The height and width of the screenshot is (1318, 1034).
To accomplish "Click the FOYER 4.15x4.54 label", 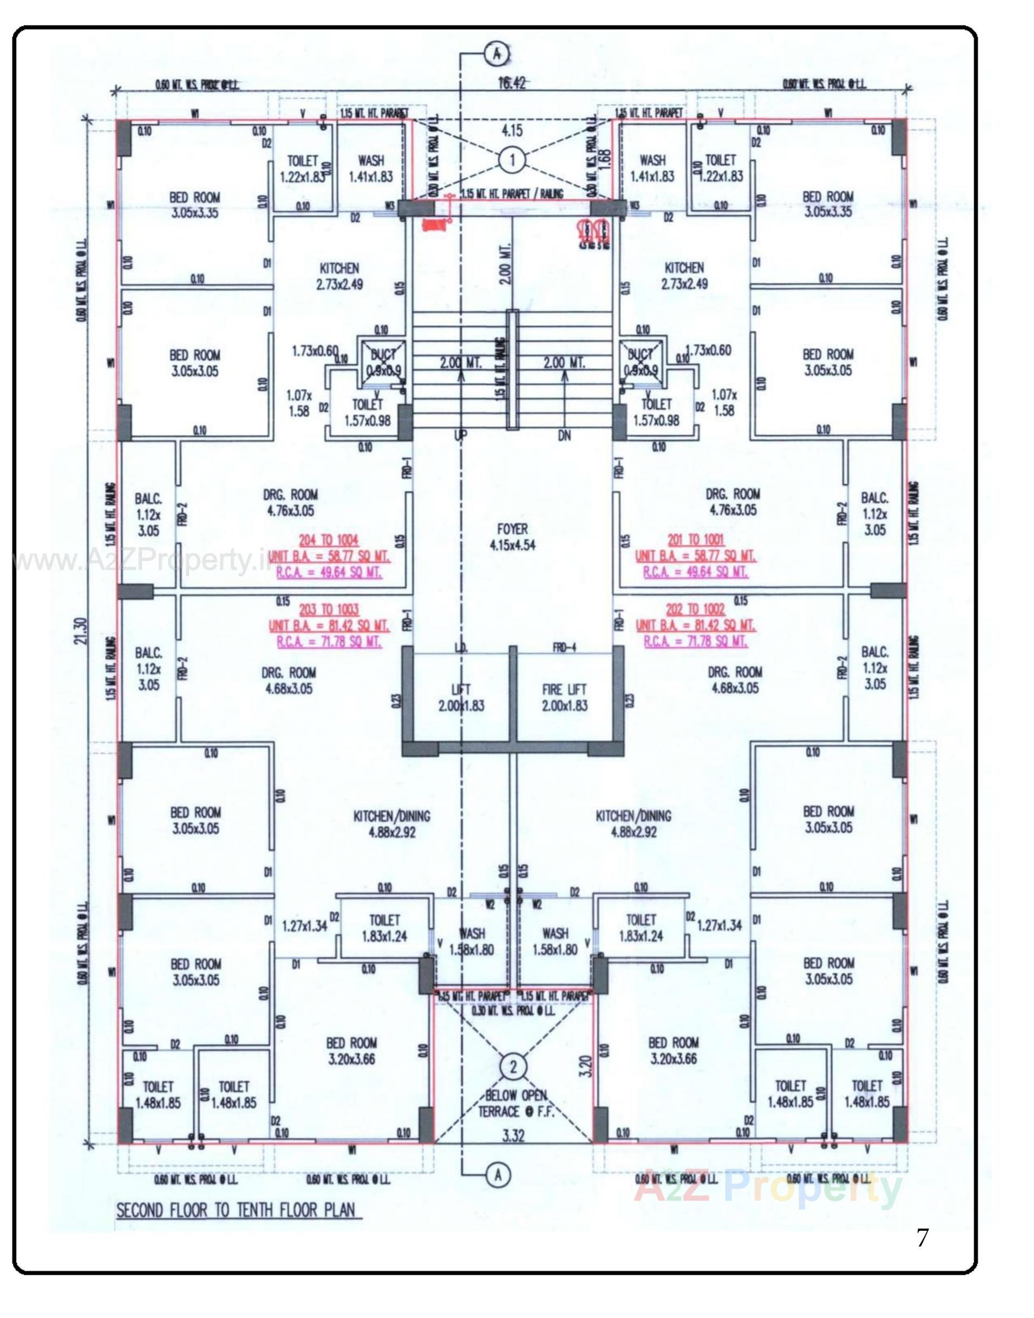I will pyautogui.click(x=512, y=537).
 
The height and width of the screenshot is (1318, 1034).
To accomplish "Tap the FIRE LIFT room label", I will pyautogui.click(x=564, y=698).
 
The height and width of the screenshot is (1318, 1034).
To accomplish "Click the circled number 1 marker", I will pyautogui.click(x=513, y=161).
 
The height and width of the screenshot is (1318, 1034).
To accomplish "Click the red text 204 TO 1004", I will pyautogui.click(x=330, y=540).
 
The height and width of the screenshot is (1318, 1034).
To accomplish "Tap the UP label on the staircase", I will pyautogui.click(x=460, y=435).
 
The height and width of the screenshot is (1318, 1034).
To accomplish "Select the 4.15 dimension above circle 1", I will pyautogui.click(x=513, y=130).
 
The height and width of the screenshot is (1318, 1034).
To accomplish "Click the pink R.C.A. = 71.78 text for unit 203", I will pyautogui.click(x=330, y=641).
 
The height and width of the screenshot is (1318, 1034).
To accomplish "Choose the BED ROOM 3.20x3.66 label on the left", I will pyautogui.click(x=352, y=1051).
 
